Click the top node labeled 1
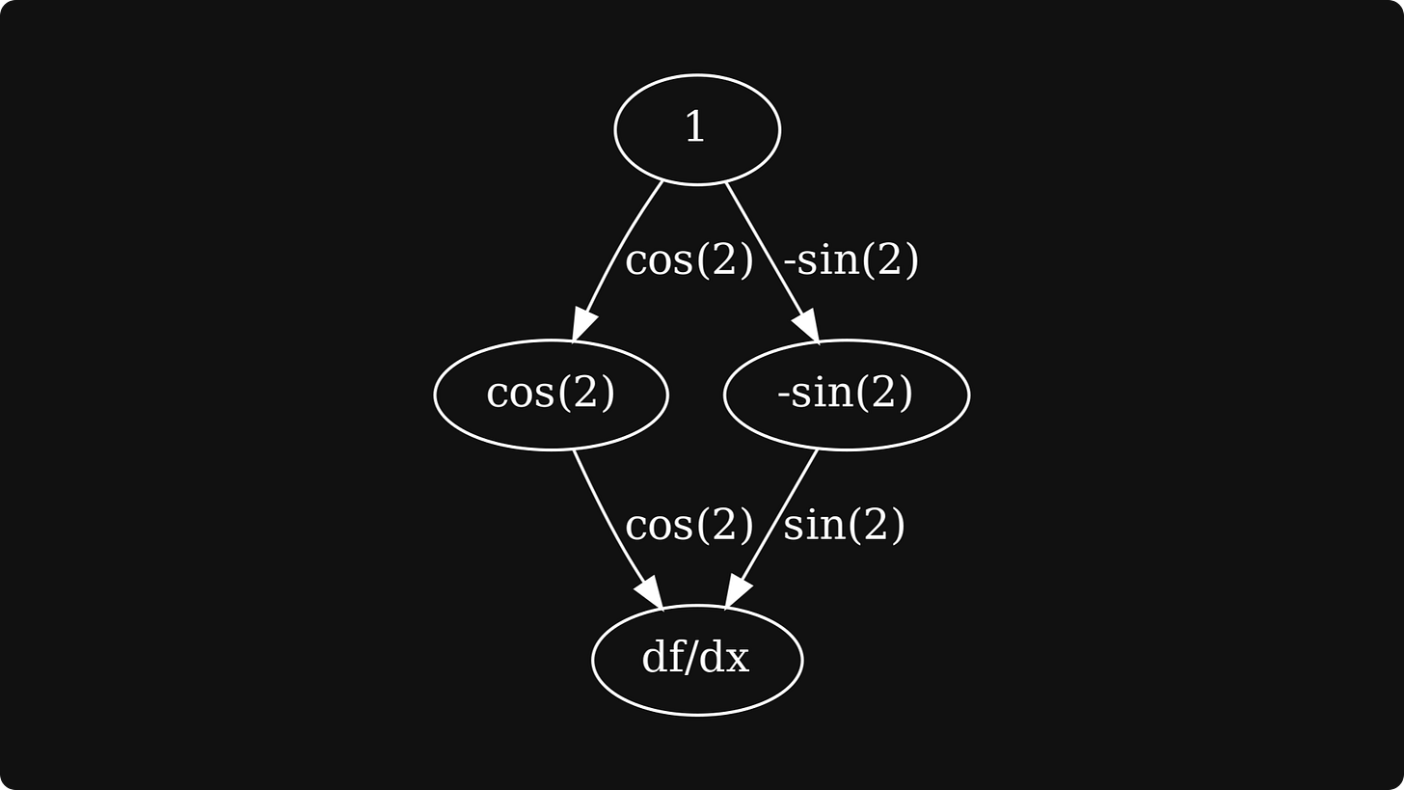(696, 128)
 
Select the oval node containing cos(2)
(551, 394)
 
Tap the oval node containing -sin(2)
(846, 394)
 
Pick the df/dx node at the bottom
(696, 660)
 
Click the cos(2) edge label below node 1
(688, 260)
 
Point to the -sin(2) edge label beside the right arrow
(850, 260)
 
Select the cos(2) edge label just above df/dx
(688, 526)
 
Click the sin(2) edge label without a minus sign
(844, 526)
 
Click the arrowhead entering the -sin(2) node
(808, 327)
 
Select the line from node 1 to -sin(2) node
(762, 246)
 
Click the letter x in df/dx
(738, 661)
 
